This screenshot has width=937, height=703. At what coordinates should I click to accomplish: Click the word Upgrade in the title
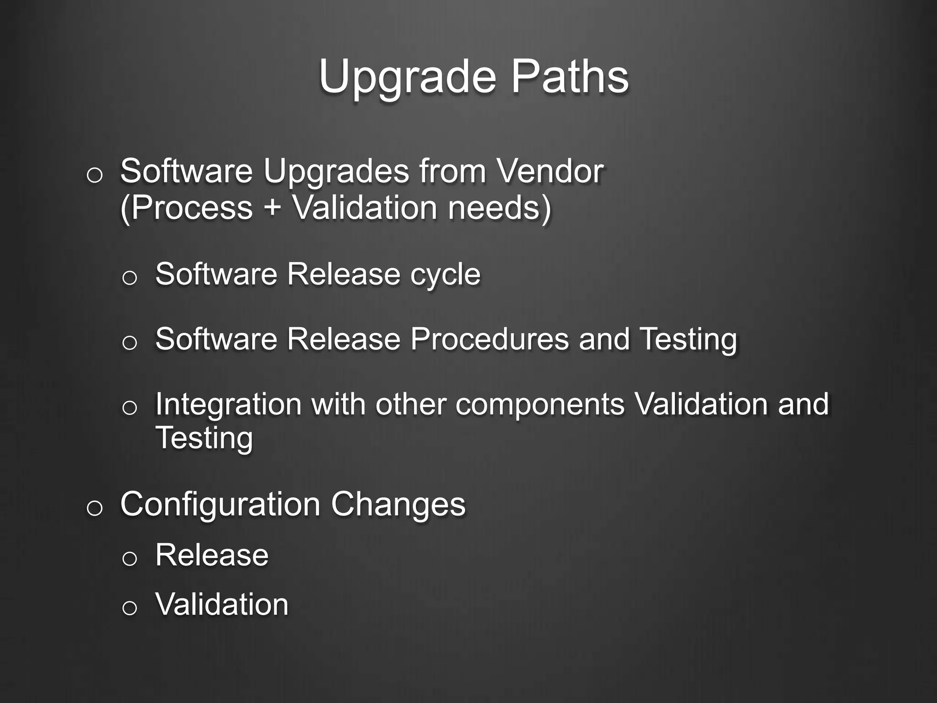(x=407, y=78)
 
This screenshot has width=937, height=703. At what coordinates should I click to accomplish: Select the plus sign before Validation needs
(x=272, y=208)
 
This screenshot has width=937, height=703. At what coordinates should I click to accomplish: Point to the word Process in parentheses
(x=187, y=208)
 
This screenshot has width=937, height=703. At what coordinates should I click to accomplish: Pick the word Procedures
(x=489, y=340)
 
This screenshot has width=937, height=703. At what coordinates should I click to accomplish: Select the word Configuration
(x=220, y=505)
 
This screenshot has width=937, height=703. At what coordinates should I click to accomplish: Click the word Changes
(x=398, y=505)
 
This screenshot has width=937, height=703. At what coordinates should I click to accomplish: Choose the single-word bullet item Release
(x=212, y=555)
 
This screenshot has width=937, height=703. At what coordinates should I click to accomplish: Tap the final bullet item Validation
(x=222, y=605)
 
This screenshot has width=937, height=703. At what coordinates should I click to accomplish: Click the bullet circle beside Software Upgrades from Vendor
(x=94, y=176)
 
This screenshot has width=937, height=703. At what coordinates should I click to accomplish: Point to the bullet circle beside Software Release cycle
(x=129, y=278)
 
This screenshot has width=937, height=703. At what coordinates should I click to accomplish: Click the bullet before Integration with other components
(x=129, y=408)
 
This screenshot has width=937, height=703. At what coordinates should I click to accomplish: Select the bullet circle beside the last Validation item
(x=129, y=608)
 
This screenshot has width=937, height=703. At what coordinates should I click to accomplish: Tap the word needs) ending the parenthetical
(x=499, y=208)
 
